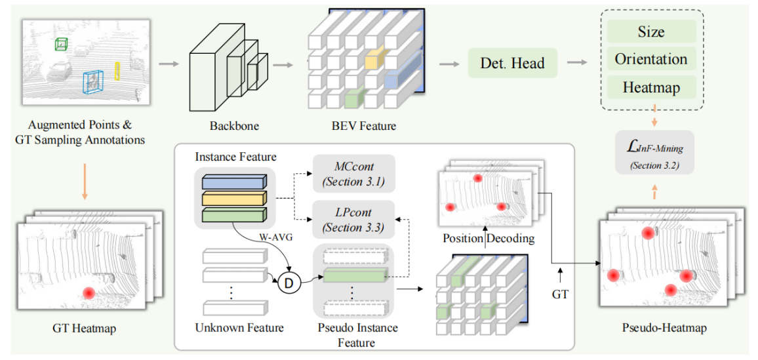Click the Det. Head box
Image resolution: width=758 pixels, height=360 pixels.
(512, 63)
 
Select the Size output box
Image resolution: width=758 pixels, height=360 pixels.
(650, 31)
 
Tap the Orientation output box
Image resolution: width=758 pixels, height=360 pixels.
(650, 59)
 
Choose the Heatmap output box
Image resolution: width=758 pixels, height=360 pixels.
(650, 87)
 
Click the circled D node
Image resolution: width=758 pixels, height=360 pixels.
(288, 283)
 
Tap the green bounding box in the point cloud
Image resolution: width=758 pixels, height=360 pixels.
(61, 44)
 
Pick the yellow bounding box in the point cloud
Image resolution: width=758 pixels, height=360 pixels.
(118, 71)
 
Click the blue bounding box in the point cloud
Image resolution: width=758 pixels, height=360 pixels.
(92, 82)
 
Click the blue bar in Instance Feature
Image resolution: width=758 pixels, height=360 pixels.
(234, 181)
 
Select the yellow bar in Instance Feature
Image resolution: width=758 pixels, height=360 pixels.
(234, 198)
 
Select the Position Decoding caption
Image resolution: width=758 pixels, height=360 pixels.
(489, 238)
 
